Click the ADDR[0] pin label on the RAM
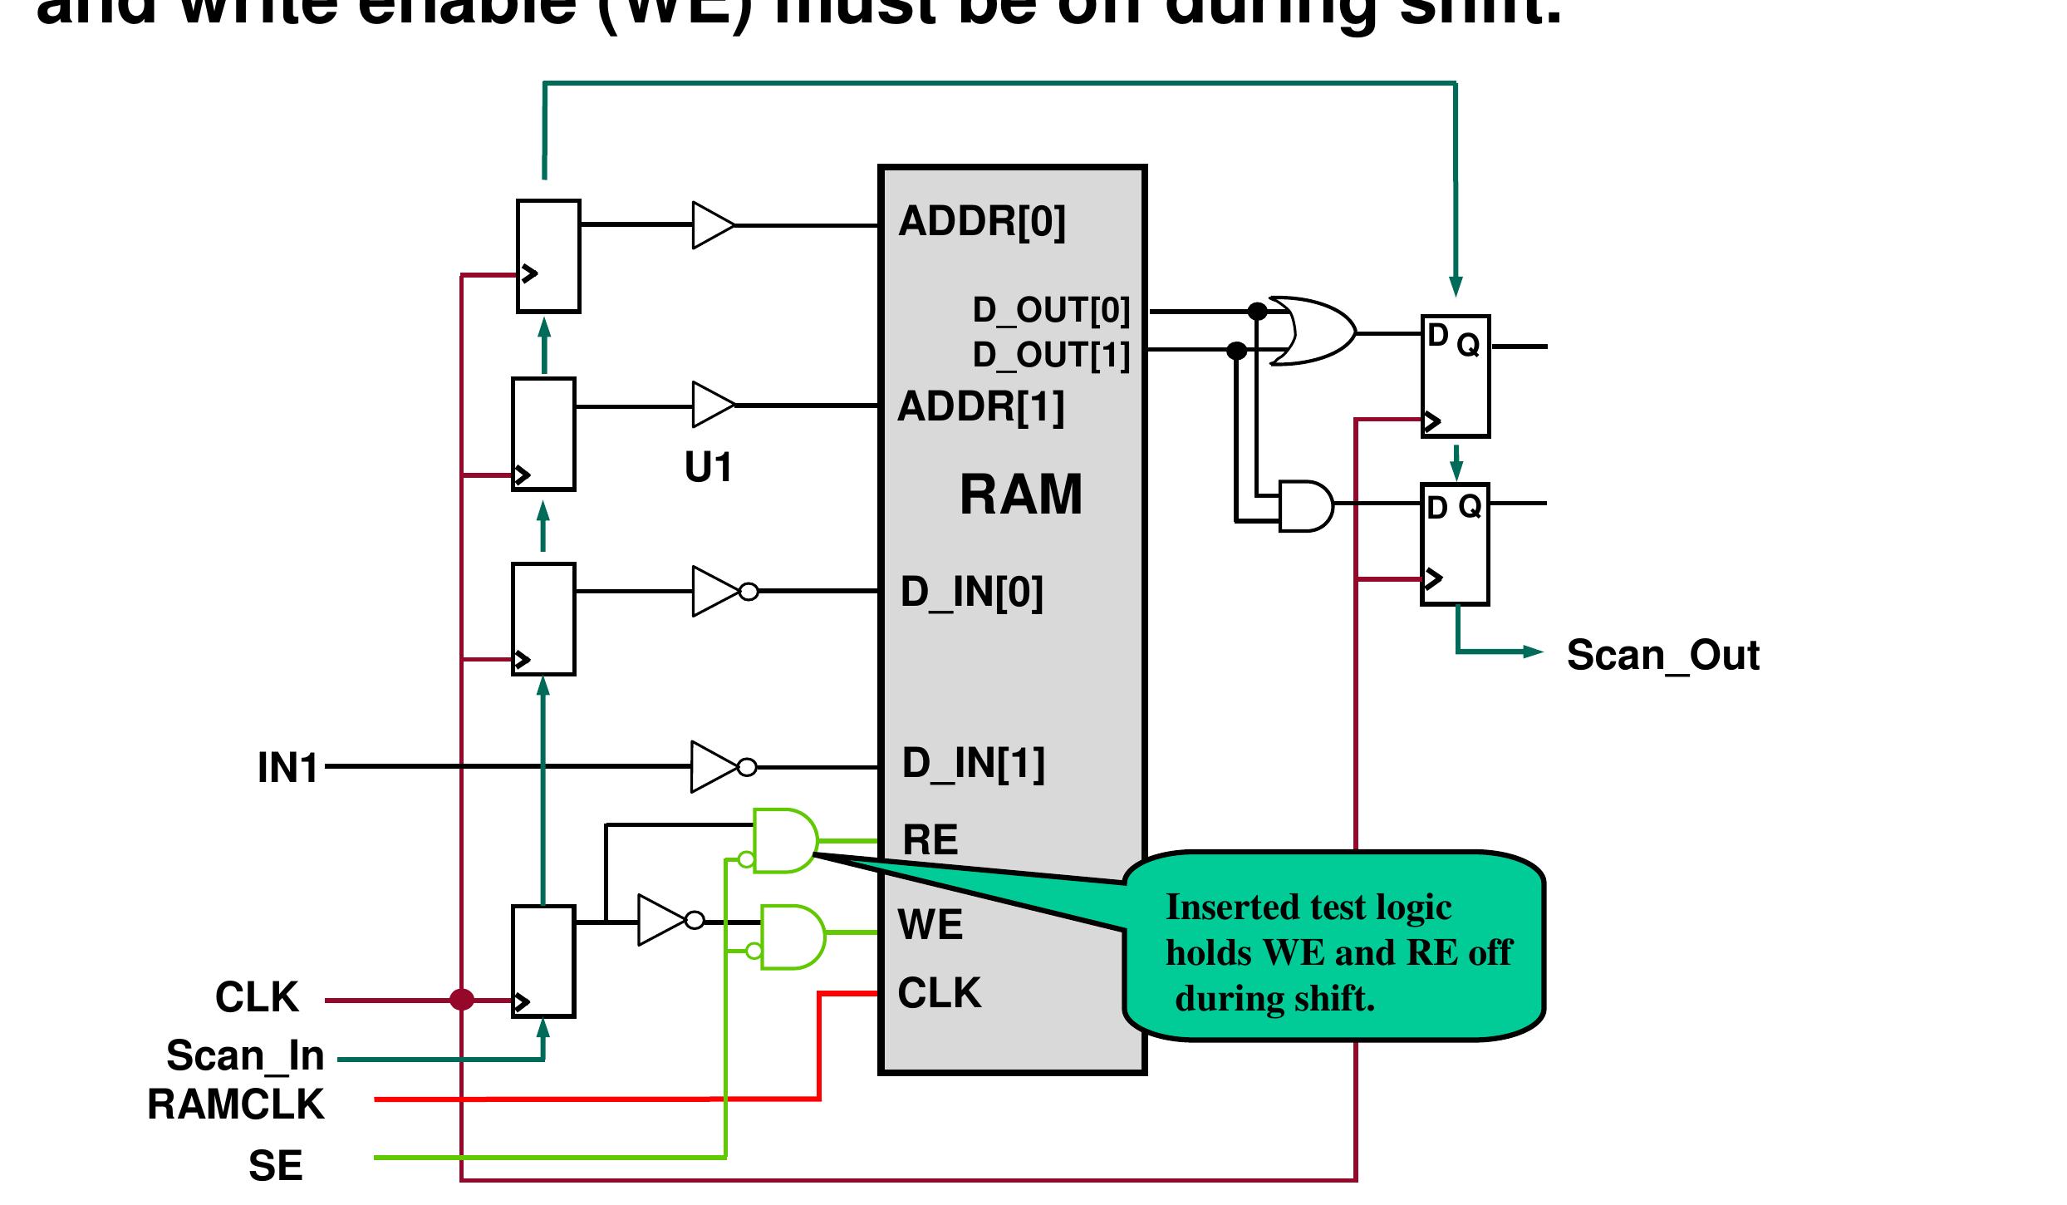pos(982,222)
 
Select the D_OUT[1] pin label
pos(1051,355)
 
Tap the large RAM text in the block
pos(1021,495)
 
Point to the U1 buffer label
pos(709,467)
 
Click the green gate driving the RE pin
pos(784,840)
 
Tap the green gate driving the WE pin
pos(793,937)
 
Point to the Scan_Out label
pos(1662,655)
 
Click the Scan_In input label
pos(245,1055)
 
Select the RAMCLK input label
pos(236,1104)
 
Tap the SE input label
pos(275,1165)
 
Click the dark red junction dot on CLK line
pos(462,999)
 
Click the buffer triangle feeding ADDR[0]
pos(712,224)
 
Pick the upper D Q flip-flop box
pos(1456,376)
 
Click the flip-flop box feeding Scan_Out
pos(1455,543)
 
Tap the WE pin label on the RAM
pos(930,924)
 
